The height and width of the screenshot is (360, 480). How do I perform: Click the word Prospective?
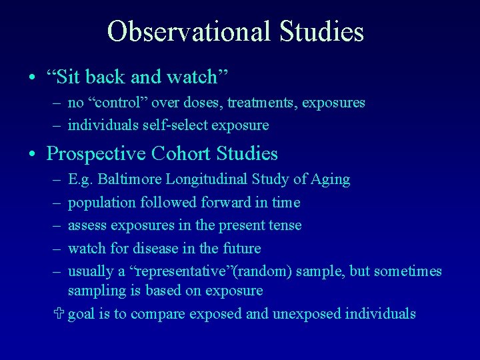tap(97, 154)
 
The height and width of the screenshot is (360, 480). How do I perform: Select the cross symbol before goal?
tap(61, 313)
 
